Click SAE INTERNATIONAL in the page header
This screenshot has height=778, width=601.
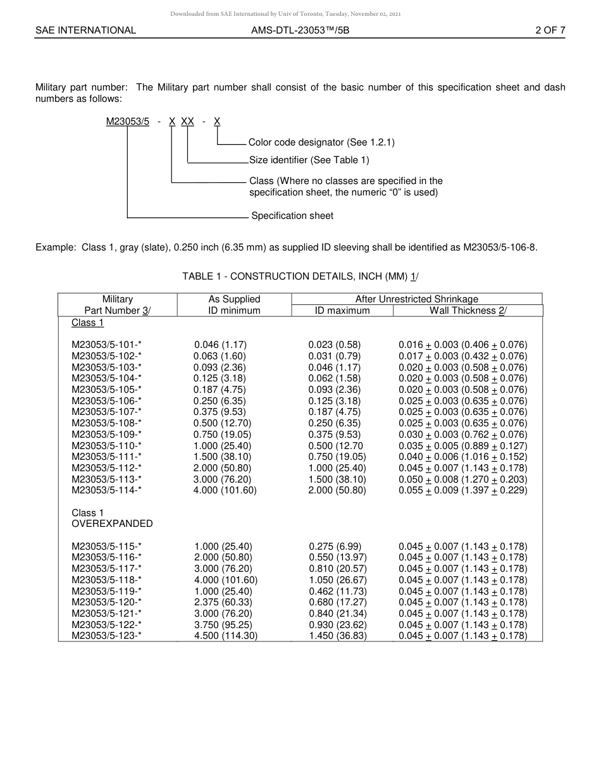85,30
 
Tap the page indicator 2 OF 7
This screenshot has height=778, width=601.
550,30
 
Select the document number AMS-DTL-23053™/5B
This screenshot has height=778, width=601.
300,30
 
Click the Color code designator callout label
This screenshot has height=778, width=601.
321,143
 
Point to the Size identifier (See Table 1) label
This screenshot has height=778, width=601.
309,160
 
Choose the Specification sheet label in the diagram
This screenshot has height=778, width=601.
292,216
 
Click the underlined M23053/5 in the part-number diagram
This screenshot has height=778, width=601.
128,121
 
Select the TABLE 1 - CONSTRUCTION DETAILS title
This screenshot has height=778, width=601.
300,276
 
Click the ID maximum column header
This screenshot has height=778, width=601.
342,310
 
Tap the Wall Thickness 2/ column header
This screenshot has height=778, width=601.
468,310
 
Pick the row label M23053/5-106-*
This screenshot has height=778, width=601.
106,401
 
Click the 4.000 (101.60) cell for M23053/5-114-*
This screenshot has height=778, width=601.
225,490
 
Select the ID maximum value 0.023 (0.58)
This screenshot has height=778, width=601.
335,345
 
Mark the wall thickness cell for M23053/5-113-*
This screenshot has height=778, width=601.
462,479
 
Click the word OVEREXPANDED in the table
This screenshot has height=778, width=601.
112,524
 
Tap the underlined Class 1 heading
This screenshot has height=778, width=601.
88,323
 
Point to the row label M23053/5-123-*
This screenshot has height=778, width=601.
106,636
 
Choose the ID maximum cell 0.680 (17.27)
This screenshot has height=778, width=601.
338,602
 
